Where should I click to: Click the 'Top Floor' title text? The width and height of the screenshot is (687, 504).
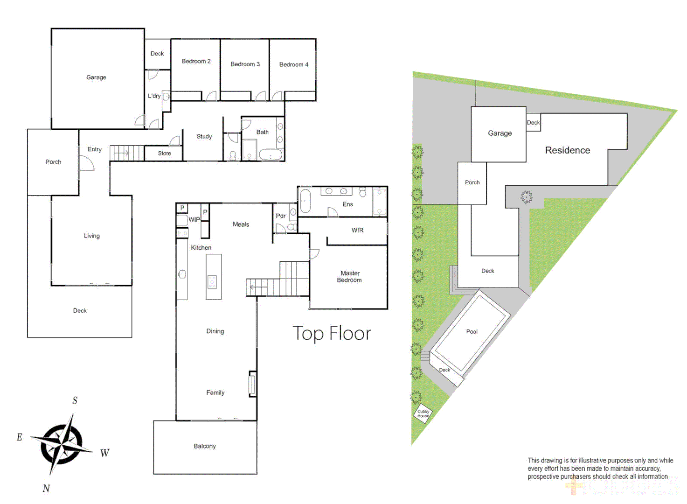(332, 334)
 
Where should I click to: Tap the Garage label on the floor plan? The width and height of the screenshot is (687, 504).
(96, 77)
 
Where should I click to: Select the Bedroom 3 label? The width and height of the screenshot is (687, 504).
(245, 64)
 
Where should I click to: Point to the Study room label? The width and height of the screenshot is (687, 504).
(204, 137)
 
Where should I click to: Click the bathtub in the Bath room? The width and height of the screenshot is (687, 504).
(271, 154)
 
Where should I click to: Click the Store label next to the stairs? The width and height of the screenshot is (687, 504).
(164, 154)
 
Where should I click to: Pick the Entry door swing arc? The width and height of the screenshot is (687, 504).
(87, 163)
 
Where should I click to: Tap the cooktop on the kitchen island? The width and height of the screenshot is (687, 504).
(212, 282)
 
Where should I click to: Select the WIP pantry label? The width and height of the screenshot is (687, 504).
(194, 220)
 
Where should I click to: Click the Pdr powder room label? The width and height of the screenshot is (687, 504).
(280, 216)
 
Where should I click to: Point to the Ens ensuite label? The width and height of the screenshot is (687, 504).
(347, 204)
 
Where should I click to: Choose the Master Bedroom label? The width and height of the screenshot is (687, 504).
(349, 277)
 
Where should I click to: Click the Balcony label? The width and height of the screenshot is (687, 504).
(205, 447)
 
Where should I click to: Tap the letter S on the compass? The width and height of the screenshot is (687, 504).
(75, 400)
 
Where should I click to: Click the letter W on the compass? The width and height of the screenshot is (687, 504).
(104, 453)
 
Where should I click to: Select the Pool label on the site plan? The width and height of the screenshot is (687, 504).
(472, 332)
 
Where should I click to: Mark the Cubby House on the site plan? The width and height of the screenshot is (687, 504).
(423, 413)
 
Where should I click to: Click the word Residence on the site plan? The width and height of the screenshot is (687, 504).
(567, 150)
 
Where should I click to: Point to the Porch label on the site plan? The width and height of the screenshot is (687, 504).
(472, 182)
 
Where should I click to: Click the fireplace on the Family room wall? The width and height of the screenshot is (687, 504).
(252, 384)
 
